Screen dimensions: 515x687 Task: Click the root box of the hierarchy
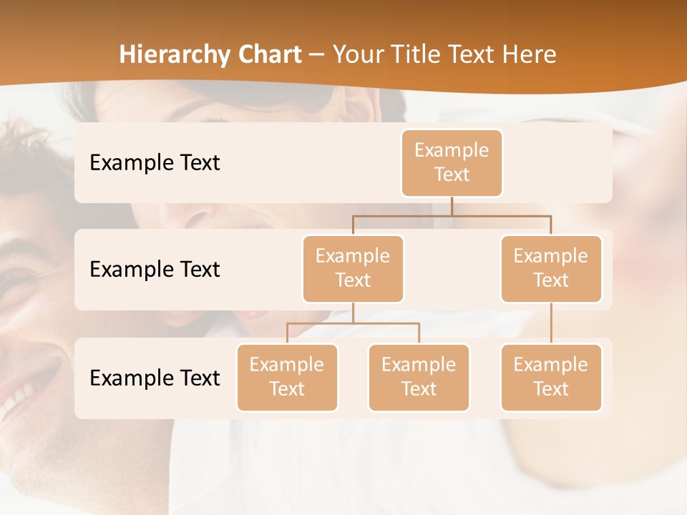[452, 162]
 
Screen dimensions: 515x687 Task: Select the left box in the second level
[353, 268]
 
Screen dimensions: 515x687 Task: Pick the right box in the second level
[551, 268]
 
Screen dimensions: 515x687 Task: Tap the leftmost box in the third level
[287, 377]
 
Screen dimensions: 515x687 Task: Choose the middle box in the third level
[419, 377]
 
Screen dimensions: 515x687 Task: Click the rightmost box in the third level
[551, 377]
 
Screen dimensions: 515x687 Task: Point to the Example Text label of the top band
[155, 163]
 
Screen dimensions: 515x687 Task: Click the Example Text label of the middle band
[155, 270]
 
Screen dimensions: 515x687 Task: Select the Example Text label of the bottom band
[155, 378]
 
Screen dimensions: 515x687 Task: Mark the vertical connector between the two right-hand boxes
[551, 323]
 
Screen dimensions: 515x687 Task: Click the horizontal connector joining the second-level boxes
[452, 215]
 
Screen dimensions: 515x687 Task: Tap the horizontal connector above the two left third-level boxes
[353, 323]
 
